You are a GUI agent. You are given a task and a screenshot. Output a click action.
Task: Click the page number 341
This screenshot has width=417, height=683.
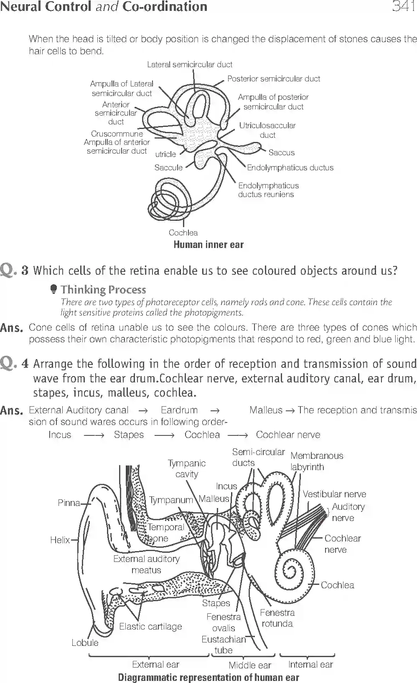point(403,7)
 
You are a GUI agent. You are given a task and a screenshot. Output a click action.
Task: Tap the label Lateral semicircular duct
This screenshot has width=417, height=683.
point(189,65)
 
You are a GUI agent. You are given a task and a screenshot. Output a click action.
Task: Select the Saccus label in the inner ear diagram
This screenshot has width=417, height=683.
point(281,153)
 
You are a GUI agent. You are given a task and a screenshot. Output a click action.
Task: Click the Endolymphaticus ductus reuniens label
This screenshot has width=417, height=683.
point(268,190)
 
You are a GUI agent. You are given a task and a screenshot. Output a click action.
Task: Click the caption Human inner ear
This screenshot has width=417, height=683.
point(208,245)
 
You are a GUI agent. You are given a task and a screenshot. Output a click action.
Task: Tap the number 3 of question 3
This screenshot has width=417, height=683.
point(25,271)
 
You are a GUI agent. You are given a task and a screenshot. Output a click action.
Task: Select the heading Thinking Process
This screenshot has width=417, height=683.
point(103,290)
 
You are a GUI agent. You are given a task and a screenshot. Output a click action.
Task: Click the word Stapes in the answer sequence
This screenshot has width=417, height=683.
point(129,435)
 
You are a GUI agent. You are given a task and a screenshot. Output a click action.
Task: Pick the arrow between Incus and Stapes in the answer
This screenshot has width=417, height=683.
point(93,435)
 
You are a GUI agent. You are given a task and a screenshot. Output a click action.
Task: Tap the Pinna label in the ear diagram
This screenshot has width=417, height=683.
point(69,503)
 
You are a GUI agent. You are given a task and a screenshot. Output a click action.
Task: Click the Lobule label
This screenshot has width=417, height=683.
point(85,643)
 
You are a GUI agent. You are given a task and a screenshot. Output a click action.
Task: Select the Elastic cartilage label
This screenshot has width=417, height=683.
point(150,627)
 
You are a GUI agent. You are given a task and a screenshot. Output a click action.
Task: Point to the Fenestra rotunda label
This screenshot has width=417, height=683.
point(277,618)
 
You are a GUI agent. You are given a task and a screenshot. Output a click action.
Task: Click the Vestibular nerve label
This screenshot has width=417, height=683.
point(334,494)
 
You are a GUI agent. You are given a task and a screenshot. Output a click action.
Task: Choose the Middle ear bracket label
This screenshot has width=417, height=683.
point(249,665)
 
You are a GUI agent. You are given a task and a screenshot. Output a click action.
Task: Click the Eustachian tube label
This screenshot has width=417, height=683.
point(224,645)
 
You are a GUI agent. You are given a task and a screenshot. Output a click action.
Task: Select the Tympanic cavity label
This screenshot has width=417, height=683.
point(187,468)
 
